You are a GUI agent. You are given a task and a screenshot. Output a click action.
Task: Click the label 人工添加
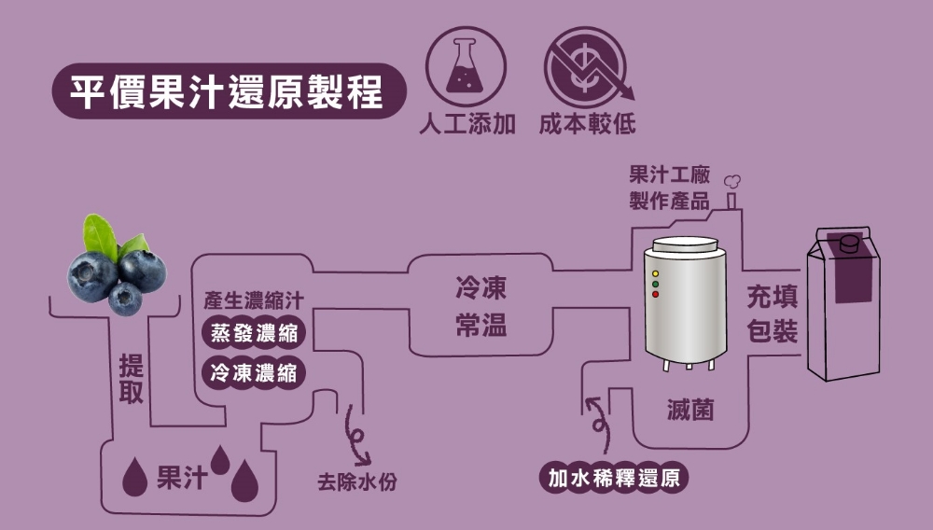coord(466,125)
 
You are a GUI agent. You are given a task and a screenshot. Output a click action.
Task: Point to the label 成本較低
coord(587,125)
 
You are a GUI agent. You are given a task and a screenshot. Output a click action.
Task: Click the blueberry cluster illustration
coord(116,271)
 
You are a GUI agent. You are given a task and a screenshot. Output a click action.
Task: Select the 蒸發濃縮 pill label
coord(254,334)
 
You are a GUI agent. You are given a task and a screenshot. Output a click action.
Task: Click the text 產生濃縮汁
coord(254,301)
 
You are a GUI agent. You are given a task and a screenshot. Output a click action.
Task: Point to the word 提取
coord(131,379)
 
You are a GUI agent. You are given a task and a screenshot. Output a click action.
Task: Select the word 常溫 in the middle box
coord(481,323)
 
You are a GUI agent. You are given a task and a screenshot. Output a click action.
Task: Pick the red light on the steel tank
coord(655,295)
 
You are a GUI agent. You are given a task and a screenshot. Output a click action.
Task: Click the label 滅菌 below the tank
coord(690,409)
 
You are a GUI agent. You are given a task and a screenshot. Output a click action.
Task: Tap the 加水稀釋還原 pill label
coord(614,479)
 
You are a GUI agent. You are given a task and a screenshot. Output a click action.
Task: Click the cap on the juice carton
coord(849,243)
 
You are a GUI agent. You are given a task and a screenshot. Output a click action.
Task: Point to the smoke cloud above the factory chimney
coord(733,181)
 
